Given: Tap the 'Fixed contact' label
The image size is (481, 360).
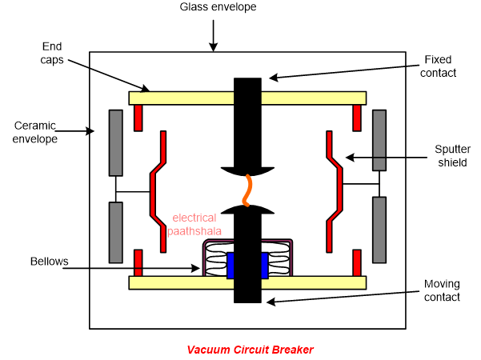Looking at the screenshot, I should [x=437, y=66].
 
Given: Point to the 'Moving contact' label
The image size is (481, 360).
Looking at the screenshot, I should [x=442, y=290].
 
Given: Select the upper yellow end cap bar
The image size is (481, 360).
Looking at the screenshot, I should [x=184, y=98].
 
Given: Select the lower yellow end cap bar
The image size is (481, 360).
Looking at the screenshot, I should [x=184, y=282].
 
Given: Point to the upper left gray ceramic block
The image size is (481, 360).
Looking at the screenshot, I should [x=116, y=142].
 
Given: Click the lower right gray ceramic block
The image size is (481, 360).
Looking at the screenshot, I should [x=379, y=230].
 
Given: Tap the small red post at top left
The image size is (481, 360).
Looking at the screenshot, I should [x=138, y=118].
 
